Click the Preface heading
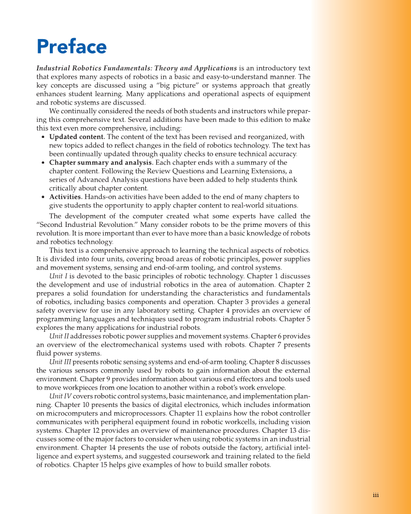pos(71,47)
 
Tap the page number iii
pos(376,495)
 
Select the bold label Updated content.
pos(77,137)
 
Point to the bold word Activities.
pos(66,197)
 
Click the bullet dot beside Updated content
pos(42,137)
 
